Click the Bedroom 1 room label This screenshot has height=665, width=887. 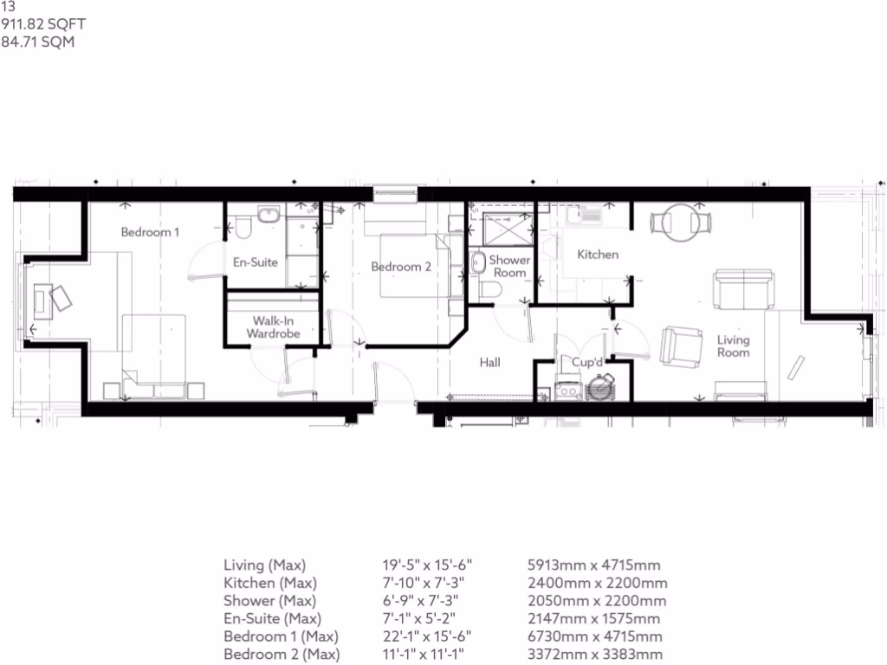(x=150, y=232)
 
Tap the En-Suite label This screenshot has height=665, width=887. (x=256, y=261)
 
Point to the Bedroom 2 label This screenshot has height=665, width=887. (x=400, y=267)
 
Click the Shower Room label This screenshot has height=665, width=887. (x=509, y=266)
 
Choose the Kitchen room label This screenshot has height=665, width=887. (x=598, y=255)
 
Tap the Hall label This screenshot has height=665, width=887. (x=490, y=363)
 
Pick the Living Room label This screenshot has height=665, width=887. (x=733, y=346)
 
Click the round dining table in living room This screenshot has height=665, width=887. (x=680, y=223)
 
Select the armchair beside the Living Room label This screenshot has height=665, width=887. (x=681, y=346)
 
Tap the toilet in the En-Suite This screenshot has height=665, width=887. (x=243, y=228)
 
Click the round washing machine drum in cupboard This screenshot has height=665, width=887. (x=599, y=388)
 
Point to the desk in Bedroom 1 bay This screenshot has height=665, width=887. (x=42, y=300)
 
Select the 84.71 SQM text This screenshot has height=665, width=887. (x=38, y=41)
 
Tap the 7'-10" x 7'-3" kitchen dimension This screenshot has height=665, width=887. (x=422, y=584)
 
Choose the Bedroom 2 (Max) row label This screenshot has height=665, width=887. (x=282, y=654)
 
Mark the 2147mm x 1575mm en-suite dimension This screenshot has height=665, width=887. (x=593, y=618)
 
